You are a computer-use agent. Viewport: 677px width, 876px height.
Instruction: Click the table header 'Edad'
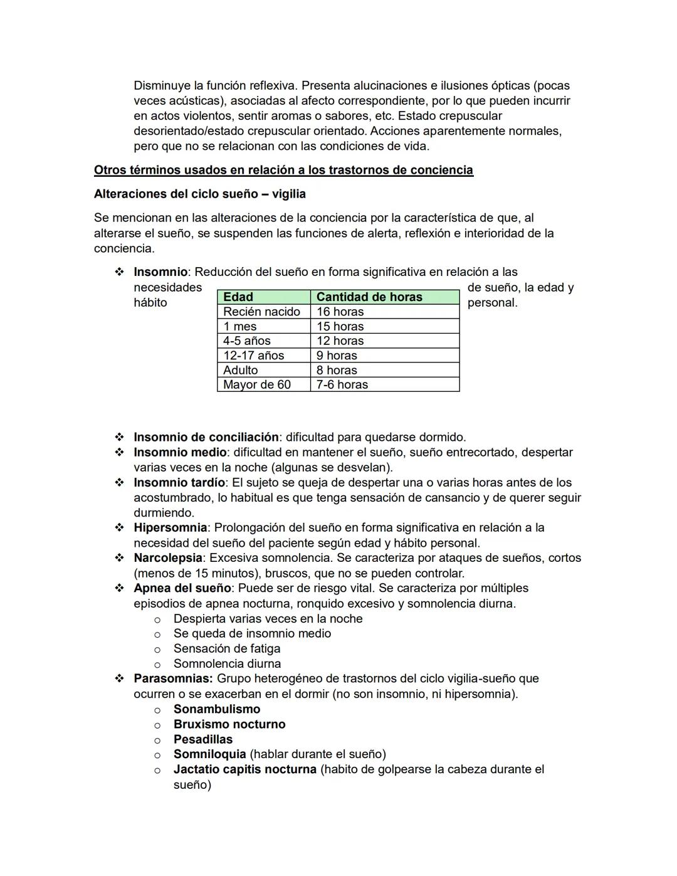coord(238,297)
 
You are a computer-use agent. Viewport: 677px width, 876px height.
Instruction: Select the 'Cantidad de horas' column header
coord(369,297)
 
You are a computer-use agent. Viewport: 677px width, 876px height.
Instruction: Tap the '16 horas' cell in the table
coord(340,312)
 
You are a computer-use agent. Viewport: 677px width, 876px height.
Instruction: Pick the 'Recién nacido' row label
coord(261,312)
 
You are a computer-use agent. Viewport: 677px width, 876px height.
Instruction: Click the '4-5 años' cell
coord(247,340)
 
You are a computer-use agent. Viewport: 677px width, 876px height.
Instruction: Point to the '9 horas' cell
coord(337,356)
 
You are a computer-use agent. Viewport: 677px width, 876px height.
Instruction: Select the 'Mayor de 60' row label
coord(257,384)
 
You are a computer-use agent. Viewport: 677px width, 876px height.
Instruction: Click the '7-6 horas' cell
coord(342,384)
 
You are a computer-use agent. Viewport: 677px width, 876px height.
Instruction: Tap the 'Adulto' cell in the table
coord(241,370)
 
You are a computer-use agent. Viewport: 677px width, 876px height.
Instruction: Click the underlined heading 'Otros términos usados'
coord(283,170)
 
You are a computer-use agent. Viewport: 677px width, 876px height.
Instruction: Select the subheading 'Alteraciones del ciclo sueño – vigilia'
coord(200,194)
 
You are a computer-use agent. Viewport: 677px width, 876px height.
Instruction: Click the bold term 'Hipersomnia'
coord(170,527)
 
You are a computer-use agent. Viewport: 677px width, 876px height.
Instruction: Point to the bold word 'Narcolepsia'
coord(167,557)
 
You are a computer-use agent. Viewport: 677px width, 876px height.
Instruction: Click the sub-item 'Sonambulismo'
coord(217,709)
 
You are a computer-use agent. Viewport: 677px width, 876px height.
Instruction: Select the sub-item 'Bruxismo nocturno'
coord(229,724)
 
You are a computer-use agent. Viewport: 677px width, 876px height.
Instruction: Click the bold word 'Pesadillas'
coord(203,739)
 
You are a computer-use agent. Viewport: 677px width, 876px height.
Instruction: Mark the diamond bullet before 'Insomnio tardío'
coord(119,482)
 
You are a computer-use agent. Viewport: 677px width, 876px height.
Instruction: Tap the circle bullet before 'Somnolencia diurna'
coord(157,664)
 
